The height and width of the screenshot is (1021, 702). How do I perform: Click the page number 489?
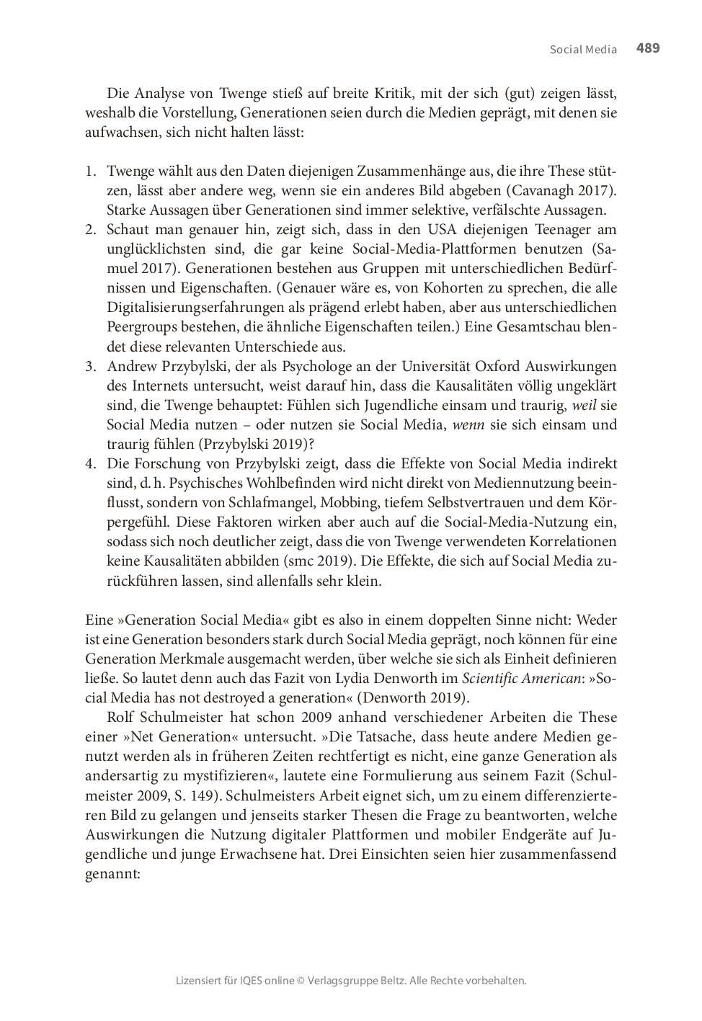coord(648,48)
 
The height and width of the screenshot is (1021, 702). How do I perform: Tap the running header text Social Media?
coord(583,50)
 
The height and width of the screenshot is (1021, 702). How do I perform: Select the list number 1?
coord(90,171)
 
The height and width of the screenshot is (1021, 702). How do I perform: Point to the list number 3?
coord(90,366)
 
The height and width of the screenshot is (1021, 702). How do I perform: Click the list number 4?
coord(90,463)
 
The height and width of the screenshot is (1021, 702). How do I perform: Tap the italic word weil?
coord(585,405)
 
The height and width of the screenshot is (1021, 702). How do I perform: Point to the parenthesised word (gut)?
coord(520,94)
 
